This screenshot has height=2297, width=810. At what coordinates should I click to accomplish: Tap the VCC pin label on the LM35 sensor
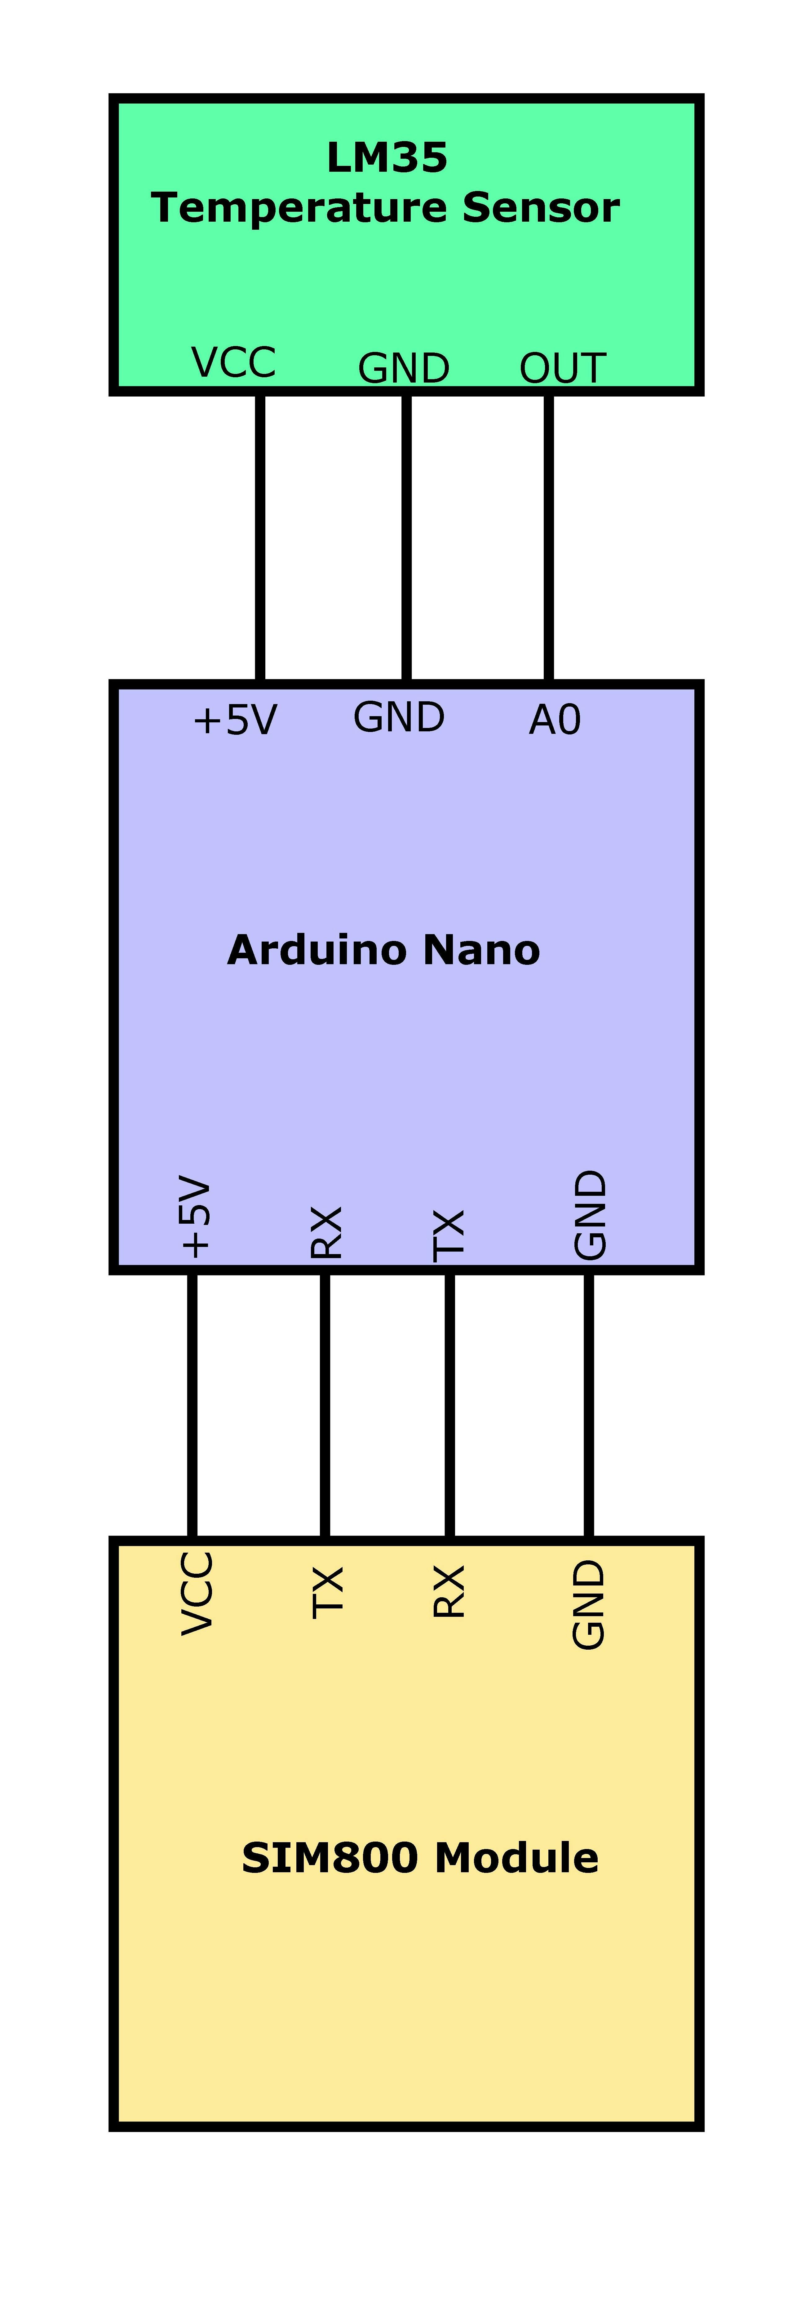(233, 363)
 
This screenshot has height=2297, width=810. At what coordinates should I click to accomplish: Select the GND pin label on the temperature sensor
(404, 368)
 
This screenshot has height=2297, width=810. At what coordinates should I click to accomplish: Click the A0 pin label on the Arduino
(554, 720)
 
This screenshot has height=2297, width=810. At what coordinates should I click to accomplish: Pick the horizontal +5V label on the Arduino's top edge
(235, 720)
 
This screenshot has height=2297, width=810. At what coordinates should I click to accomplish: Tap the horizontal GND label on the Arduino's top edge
(398, 717)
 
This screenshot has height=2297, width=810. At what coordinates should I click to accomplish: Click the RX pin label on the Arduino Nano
(326, 1232)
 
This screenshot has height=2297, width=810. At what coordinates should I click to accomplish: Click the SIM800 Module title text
(420, 1857)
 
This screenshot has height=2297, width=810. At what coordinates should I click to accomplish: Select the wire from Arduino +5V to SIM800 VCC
(192, 1404)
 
